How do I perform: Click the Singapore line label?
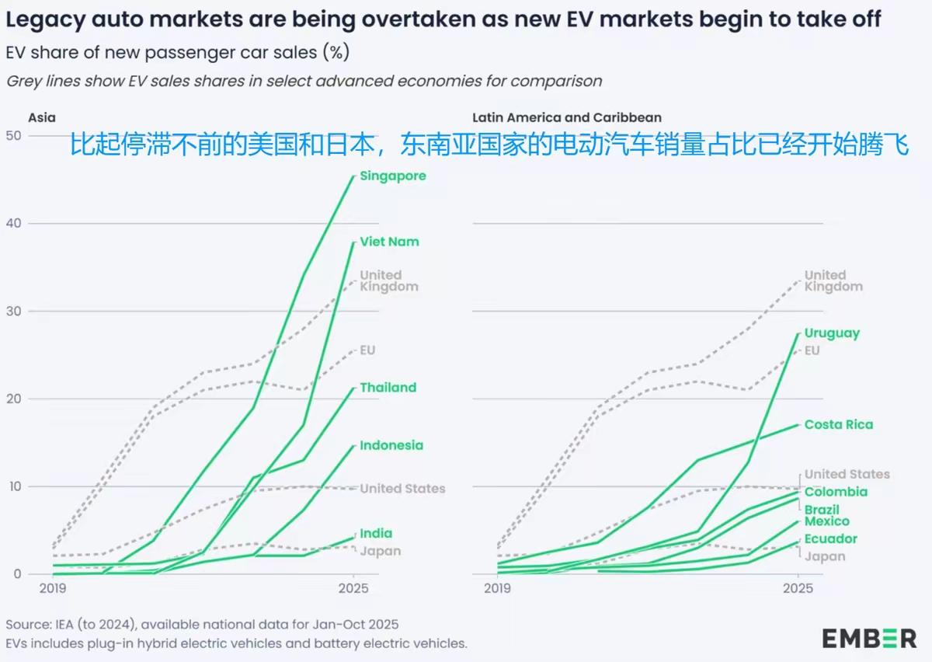(x=392, y=176)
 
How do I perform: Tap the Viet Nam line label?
(x=389, y=242)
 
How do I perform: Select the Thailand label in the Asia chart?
(x=388, y=388)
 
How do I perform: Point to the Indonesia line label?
(x=391, y=446)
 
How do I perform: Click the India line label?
(x=376, y=534)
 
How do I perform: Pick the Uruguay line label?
(x=832, y=333)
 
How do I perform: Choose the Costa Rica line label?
(x=838, y=425)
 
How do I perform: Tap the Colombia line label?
(x=836, y=492)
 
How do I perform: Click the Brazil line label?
(x=822, y=510)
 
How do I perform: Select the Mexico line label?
(x=826, y=521)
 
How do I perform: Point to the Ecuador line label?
(x=830, y=539)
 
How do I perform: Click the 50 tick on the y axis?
(x=13, y=136)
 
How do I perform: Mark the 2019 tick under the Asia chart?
(x=53, y=589)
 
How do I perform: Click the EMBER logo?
(x=869, y=638)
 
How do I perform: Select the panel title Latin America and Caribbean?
(x=567, y=118)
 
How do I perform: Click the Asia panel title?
(x=42, y=118)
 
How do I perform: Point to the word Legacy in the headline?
(x=39, y=19)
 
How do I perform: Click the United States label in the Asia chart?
(x=402, y=489)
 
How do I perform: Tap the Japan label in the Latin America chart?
(x=824, y=556)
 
